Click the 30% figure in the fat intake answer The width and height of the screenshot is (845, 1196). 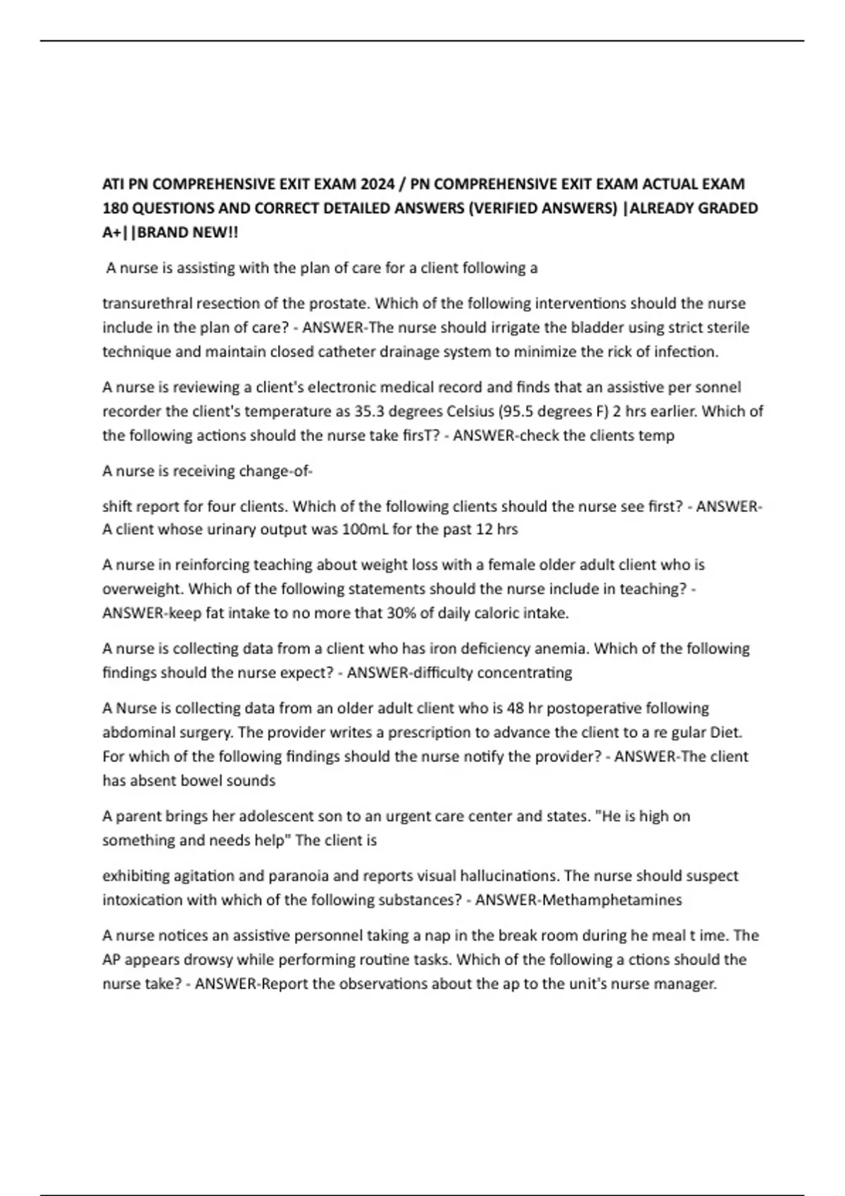click(401, 613)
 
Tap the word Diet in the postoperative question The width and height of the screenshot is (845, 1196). click(725, 732)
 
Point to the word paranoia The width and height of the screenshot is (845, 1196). click(300, 877)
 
